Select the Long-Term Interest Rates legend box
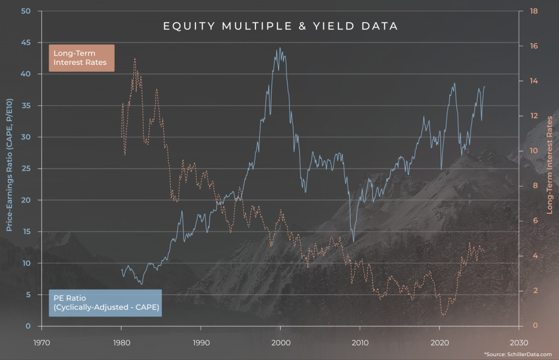81,58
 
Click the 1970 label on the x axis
41,343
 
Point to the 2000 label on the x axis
280,343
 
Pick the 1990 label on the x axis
201,343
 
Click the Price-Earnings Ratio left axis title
9,169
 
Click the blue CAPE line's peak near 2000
279,48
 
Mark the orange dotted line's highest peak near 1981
134,58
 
